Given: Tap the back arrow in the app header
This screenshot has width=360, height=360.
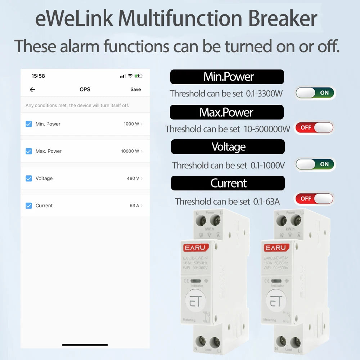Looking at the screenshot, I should pyautogui.click(x=32, y=90).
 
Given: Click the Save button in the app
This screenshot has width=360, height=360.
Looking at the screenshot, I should pyautogui.click(x=135, y=89).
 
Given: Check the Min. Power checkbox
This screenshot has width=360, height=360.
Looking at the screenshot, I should pyautogui.click(x=29, y=124).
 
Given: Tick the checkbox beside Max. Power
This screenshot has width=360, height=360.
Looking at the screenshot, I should pyautogui.click(x=29, y=151).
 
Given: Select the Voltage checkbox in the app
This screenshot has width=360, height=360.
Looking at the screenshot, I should pyautogui.click(x=29, y=179).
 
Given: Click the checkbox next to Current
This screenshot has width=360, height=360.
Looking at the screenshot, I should pyautogui.click(x=29, y=206).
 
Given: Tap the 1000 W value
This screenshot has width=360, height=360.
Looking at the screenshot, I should pyautogui.click(x=131, y=124).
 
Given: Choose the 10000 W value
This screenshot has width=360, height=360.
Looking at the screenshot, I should pyautogui.click(x=130, y=151).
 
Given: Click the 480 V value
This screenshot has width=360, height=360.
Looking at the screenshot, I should pyautogui.click(x=133, y=179).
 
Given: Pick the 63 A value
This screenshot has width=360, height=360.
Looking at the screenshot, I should pyautogui.click(x=134, y=206).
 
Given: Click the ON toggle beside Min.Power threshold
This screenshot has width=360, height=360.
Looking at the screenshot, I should pyautogui.click(x=315, y=93).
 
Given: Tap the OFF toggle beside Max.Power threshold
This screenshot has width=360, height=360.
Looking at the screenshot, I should pyautogui.click(x=314, y=128).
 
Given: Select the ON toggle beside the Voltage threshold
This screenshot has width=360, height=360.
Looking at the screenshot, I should pyautogui.click(x=315, y=164).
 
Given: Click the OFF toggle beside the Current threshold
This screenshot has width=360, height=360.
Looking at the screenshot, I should pyautogui.click(x=314, y=199).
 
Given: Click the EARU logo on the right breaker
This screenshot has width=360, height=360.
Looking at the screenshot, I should pyautogui.click(x=276, y=248).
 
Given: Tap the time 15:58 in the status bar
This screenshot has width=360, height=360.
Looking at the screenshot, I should pyautogui.click(x=38, y=76).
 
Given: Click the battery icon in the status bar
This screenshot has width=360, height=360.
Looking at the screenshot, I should pyautogui.click(x=139, y=76).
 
